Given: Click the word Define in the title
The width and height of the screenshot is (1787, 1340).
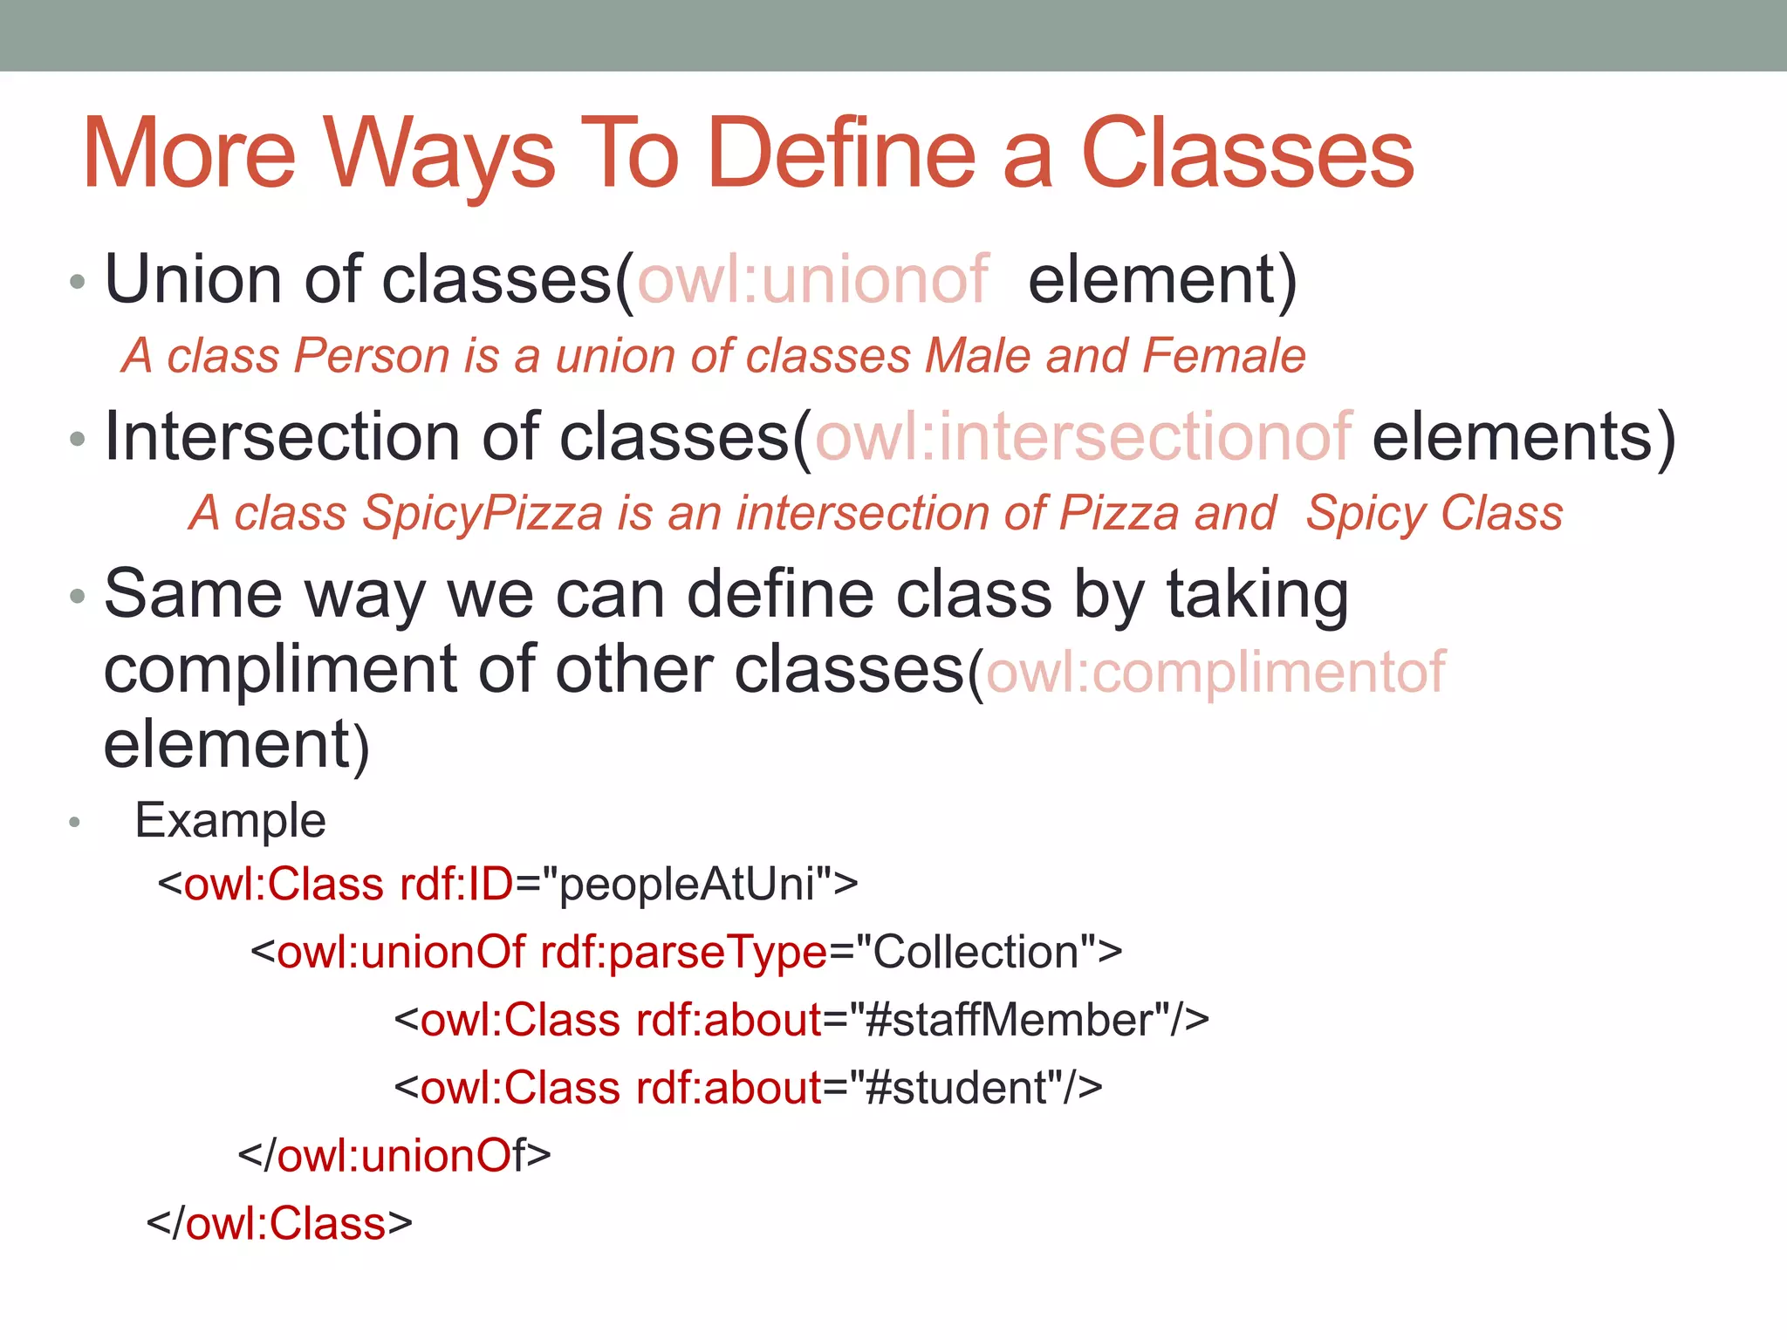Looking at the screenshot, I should click(x=841, y=154).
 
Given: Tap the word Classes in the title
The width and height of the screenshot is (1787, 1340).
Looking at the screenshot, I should click(x=1247, y=154).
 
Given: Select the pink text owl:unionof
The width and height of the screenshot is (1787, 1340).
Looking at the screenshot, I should click(x=813, y=280).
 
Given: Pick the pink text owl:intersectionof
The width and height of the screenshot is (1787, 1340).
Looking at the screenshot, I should click(x=1083, y=436).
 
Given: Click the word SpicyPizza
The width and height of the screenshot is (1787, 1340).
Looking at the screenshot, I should click(x=482, y=513).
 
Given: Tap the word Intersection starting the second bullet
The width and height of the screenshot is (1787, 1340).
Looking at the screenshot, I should click(x=282, y=436).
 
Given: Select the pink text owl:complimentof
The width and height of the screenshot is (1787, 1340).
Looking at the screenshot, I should click(x=1215, y=672).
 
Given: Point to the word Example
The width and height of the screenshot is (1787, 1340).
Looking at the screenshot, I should click(x=230, y=821).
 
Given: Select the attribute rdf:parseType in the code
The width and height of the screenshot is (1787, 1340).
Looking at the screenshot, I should click(x=683, y=952).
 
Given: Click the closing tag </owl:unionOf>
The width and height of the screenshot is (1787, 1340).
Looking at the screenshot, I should click(x=394, y=1156).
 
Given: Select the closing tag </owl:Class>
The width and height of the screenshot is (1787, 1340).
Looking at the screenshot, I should click(x=279, y=1224).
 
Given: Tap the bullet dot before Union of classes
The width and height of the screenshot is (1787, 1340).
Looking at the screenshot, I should click(x=78, y=282).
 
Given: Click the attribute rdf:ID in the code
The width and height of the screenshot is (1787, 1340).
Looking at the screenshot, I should click(x=456, y=884).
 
